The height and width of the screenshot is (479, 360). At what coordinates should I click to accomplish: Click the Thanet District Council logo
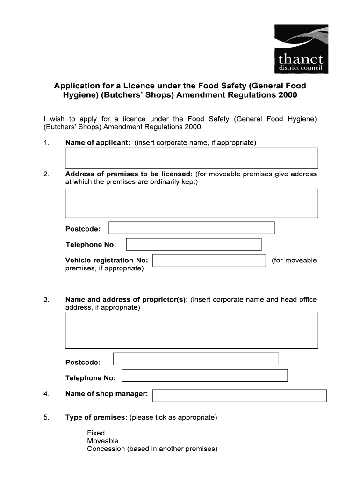pos(301,50)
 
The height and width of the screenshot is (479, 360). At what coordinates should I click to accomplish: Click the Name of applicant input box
pos(192,158)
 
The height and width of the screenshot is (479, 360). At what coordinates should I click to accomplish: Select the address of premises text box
pos(192,203)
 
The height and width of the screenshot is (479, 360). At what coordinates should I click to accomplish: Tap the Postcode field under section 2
pos(191,228)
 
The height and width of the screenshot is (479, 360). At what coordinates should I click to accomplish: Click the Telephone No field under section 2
pos(194,244)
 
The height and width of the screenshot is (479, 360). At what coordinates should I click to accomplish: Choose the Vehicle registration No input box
pos(209,261)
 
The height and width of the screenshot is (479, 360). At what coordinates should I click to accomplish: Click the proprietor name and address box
pos(192,330)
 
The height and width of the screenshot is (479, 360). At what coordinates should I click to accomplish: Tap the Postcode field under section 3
pos(196,359)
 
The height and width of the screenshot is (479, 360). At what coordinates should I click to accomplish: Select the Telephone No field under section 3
pos(204,375)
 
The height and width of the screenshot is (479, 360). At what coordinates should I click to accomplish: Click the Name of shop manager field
pos(239,396)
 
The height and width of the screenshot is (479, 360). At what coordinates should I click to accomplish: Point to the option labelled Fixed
pos(96,433)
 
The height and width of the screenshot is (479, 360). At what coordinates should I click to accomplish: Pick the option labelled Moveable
pos(103,441)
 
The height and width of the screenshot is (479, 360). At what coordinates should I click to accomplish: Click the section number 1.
pos(46,143)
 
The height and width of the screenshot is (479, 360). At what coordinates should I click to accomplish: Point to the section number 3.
pos(46,300)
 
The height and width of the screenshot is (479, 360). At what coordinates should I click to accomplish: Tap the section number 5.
pos(46,417)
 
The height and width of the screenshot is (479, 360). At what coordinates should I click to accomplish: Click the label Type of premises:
pos(96,417)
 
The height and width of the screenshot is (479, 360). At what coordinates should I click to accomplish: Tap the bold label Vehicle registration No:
pos(107,261)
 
